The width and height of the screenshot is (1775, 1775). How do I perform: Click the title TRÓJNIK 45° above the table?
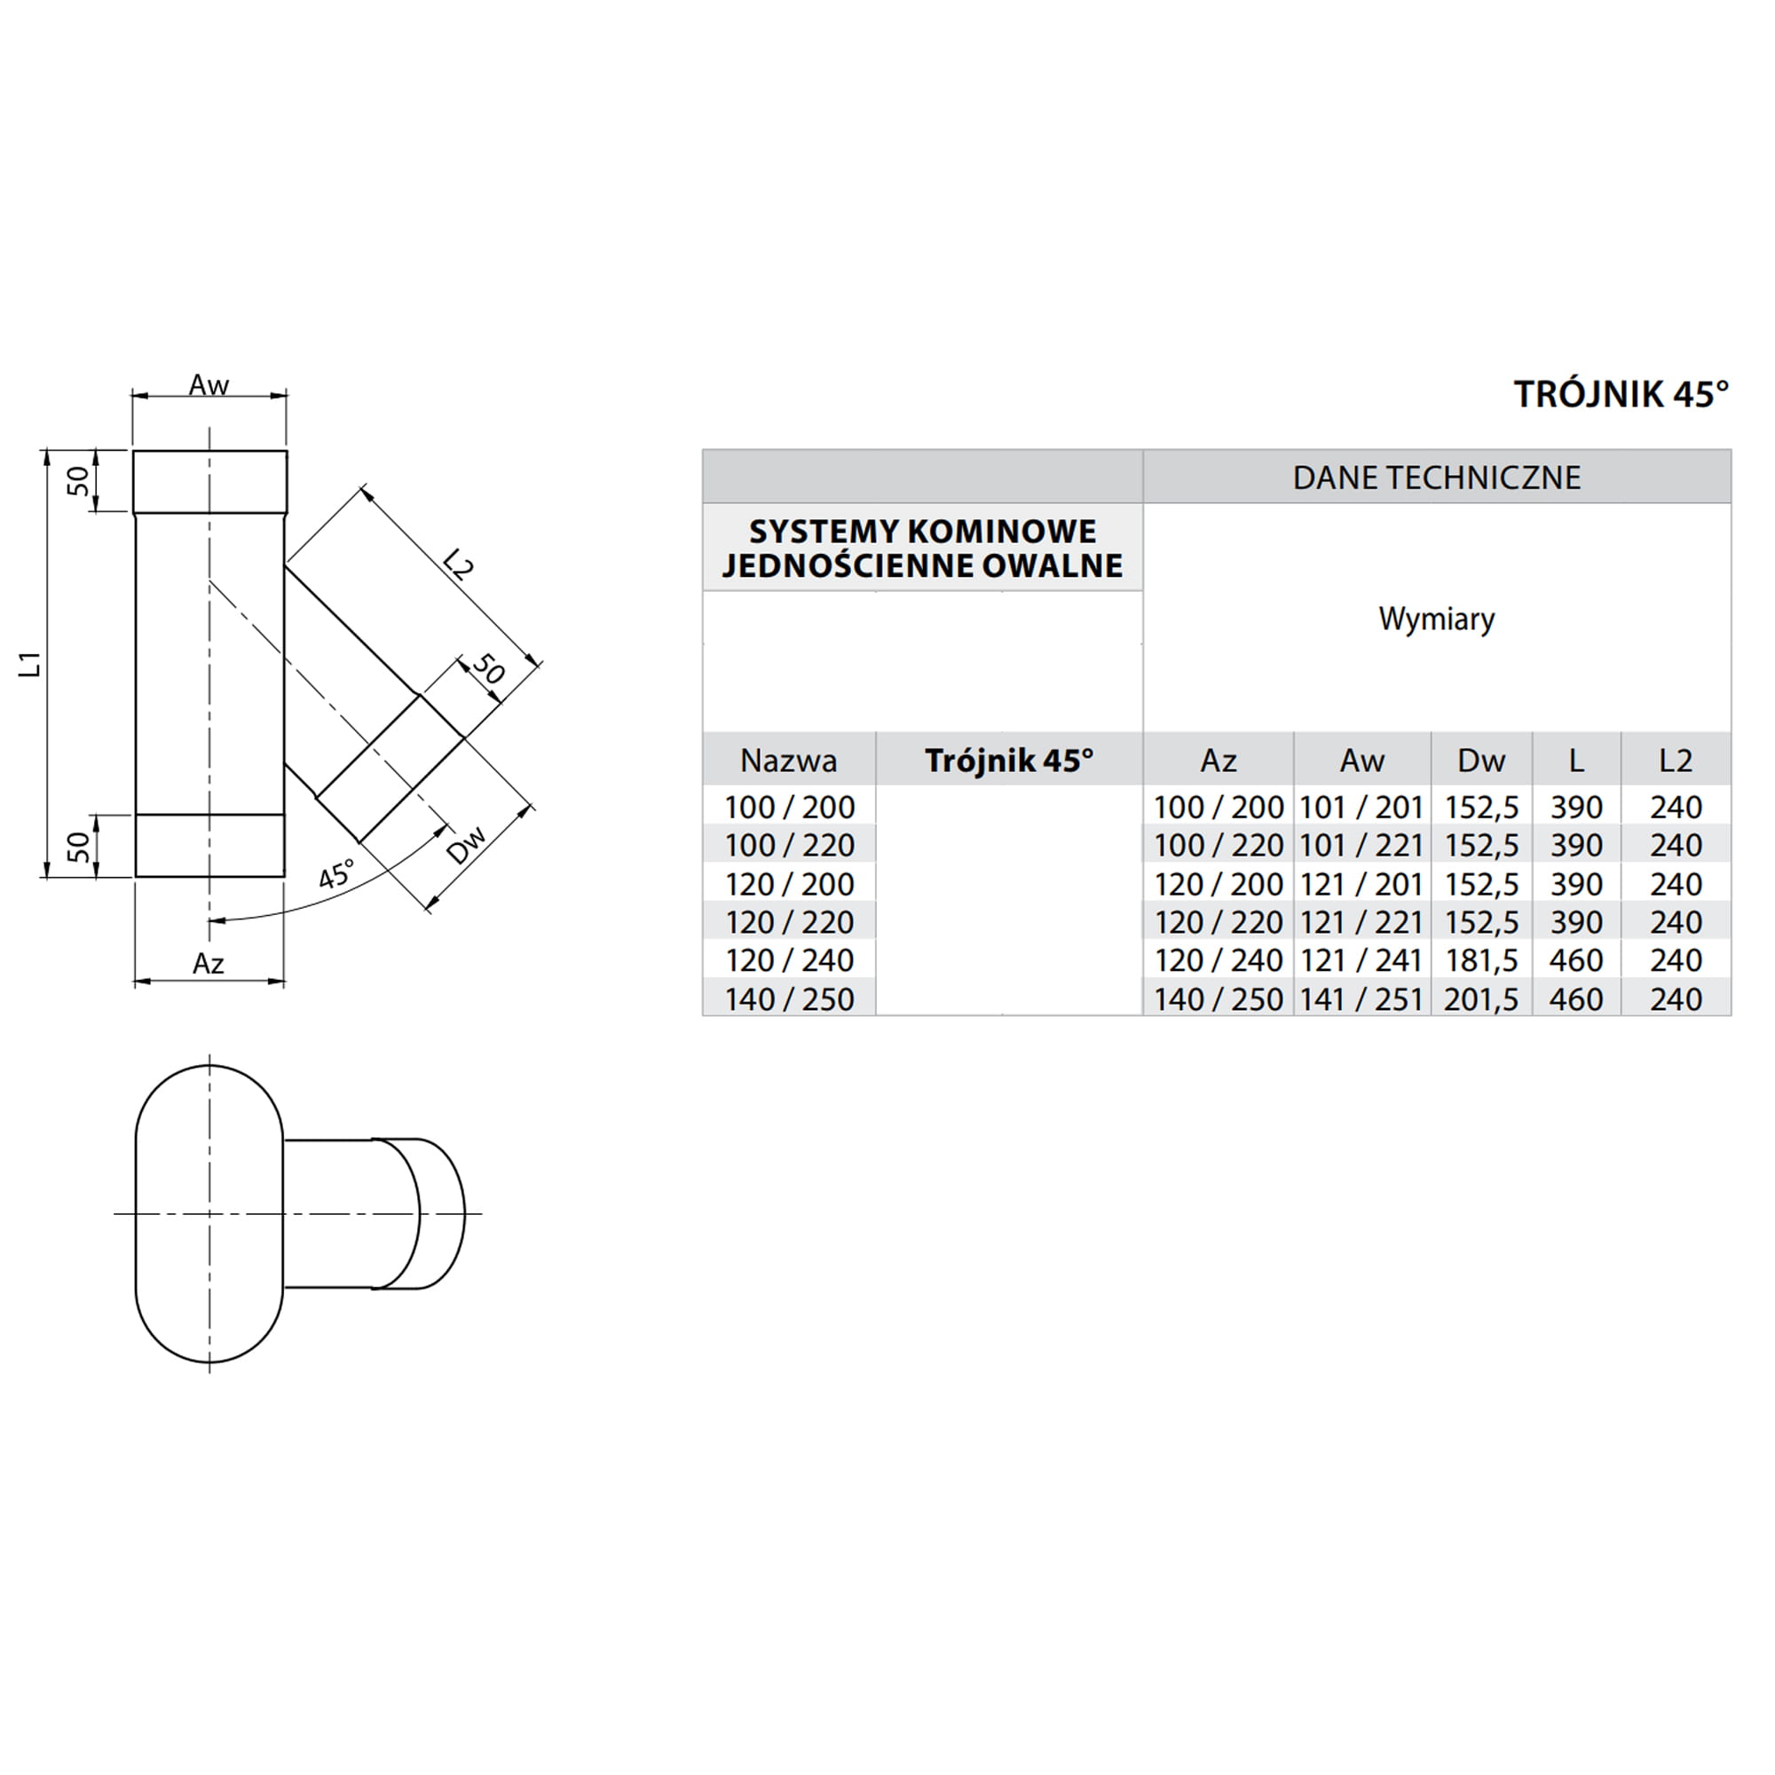(x=1621, y=394)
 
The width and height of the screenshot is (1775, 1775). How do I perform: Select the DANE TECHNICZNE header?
(x=1436, y=477)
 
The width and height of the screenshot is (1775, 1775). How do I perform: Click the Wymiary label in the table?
(x=1436, y=619)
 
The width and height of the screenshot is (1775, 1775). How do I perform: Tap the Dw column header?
(x=1481, y=761)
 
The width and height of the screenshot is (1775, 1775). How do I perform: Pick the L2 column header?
(x=1675, y=761)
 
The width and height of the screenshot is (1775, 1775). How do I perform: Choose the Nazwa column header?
(x=788, y=761)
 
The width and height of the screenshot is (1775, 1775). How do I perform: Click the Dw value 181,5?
(x=1481, y=961)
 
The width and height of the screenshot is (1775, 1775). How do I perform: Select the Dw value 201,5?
(x=1481, y=999)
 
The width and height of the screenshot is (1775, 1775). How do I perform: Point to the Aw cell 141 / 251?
(x=1361, y=999)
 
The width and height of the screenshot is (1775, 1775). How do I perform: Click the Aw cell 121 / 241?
(x=1361, y=961)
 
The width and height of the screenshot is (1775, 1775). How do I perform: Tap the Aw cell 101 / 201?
(x=1361, y=808)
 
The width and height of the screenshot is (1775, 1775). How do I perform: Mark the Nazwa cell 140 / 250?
(x=789, y=999)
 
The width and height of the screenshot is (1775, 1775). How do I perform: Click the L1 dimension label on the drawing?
(x=31, y=663)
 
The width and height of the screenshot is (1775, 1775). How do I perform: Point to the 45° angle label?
(x=335, y=875)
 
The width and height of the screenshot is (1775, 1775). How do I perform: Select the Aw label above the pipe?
(x=209, y=386)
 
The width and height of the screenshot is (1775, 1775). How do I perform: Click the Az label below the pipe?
(x=209, y=964)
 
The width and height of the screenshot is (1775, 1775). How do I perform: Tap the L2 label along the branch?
(x=456, y=564)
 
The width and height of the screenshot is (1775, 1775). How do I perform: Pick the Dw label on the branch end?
(x=466, y=846)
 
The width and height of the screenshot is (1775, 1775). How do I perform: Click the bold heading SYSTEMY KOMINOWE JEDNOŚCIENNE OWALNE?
(x=922, y=548)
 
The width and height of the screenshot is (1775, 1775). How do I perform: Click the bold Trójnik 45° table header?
(x=1009, y=761)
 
